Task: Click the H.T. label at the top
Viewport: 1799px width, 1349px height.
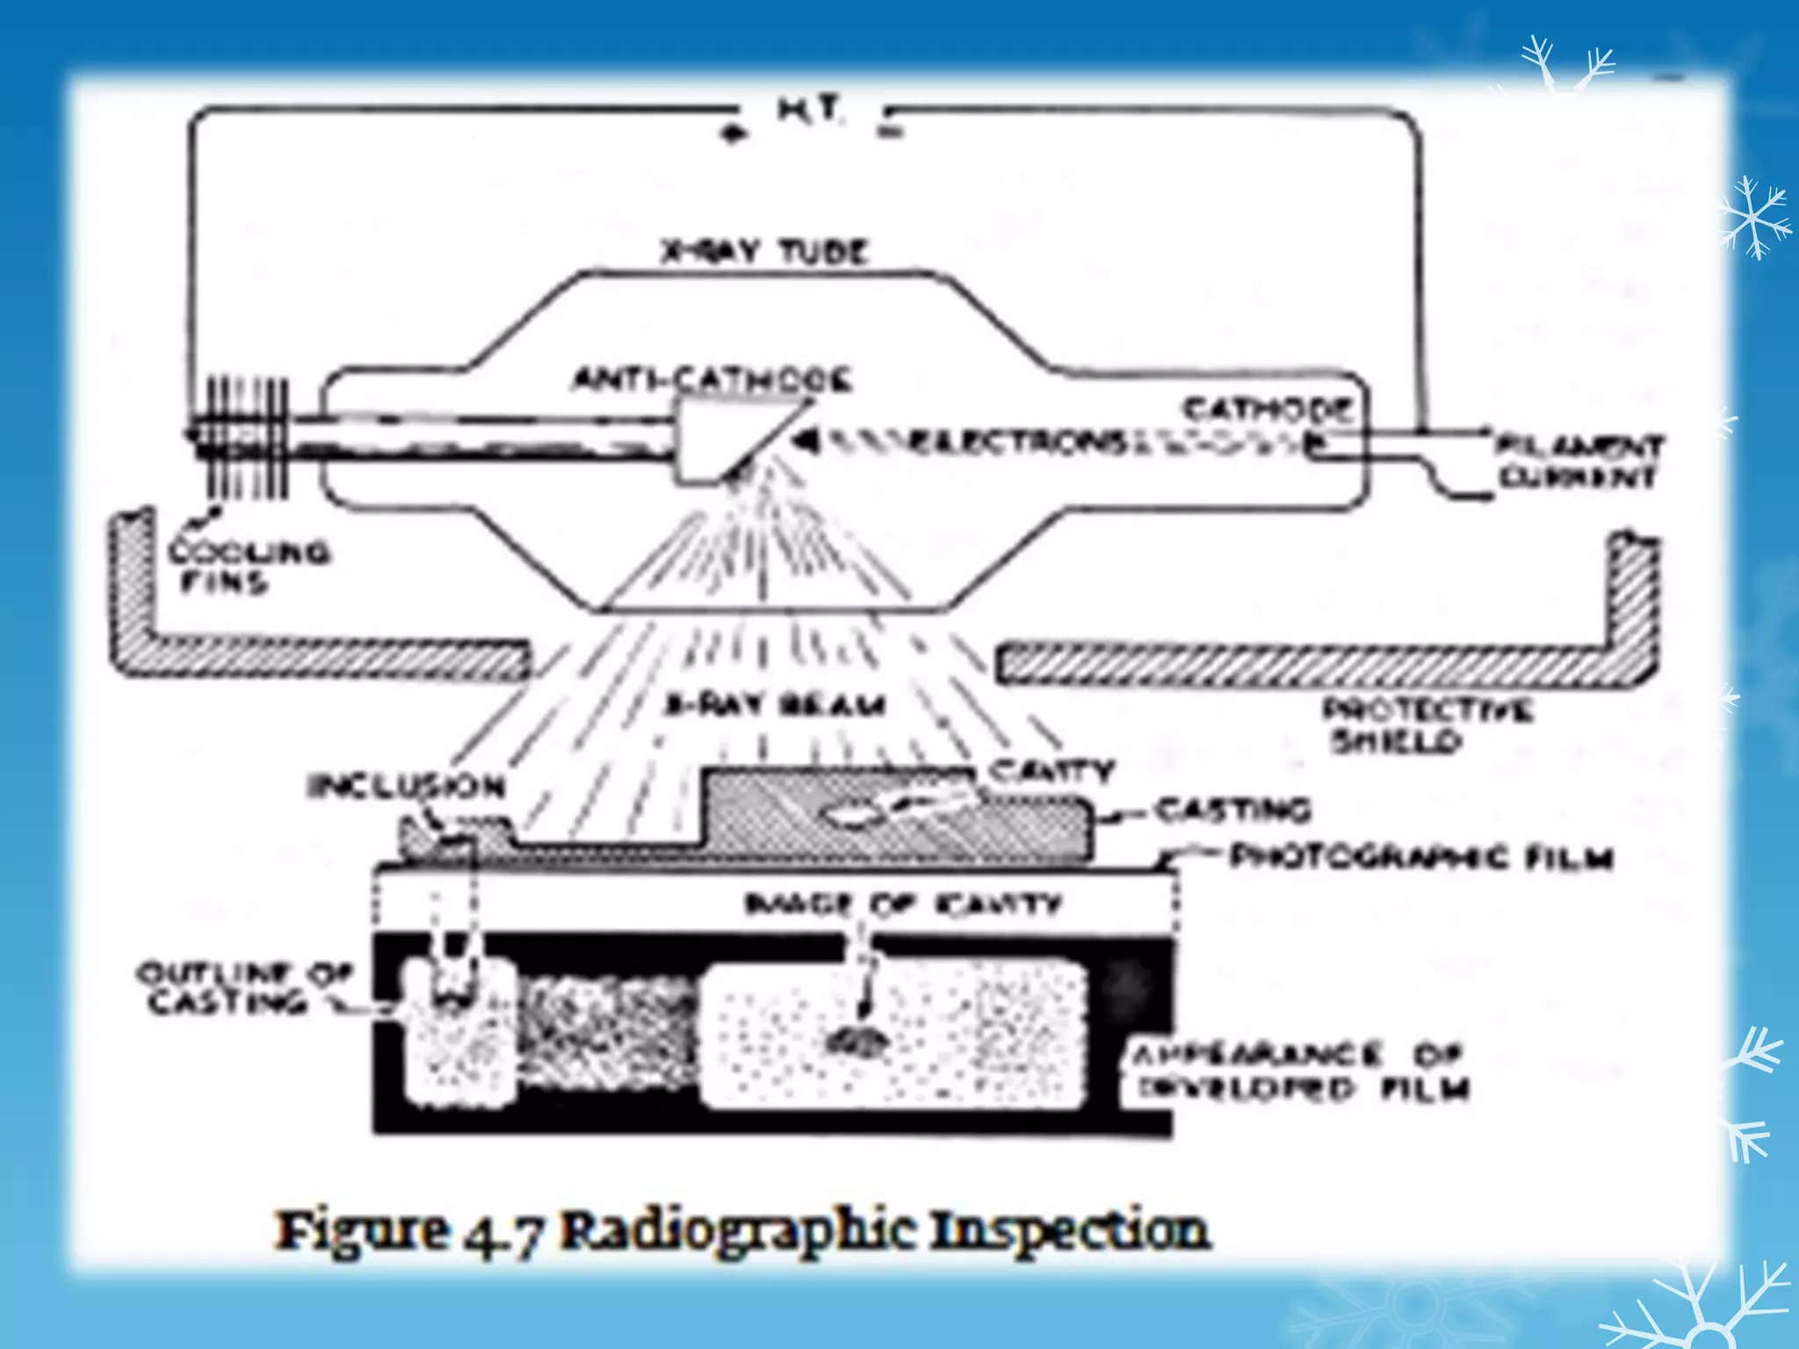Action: [809, 112]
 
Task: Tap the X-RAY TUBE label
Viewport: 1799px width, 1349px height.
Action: [764, 252]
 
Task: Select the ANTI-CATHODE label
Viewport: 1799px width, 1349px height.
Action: [712, 380]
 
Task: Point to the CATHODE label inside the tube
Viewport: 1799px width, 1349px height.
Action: [1267, 409]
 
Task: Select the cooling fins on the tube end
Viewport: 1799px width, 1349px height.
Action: [246, 436]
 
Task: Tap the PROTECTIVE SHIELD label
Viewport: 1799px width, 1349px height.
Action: [1427, 725]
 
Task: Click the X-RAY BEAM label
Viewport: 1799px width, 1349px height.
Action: [774, 705]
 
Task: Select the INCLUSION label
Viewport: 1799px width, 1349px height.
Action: [406, 785]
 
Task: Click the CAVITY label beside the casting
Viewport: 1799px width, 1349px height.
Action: [1051, 770]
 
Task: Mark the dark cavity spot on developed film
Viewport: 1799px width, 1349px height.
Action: [856, 1042]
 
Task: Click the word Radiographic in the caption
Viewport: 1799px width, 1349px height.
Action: [738, 1230]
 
